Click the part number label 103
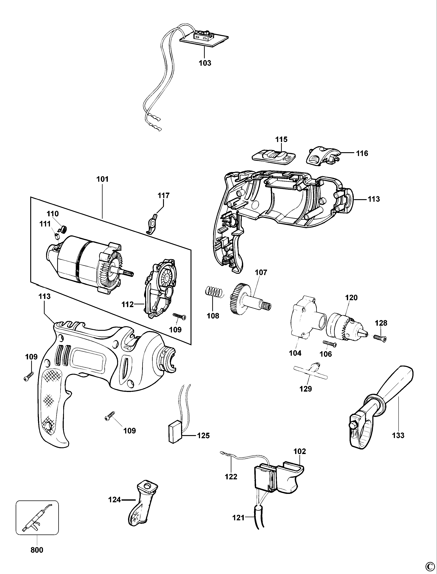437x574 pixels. tap(205, 63)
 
